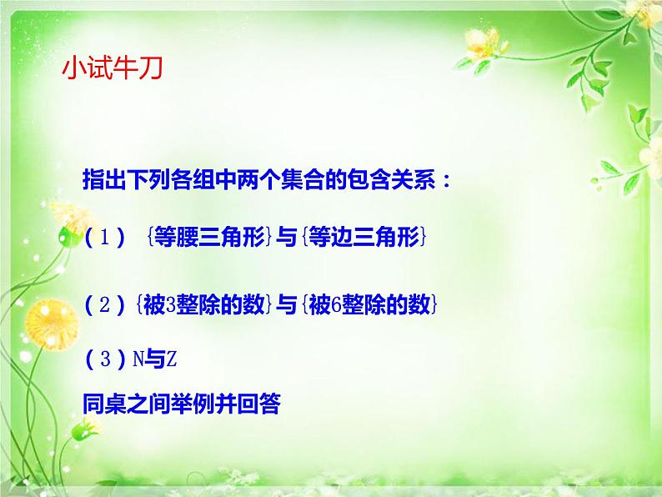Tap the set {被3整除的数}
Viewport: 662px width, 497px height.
[x=203, y=305]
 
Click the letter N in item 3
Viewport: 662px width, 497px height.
[x=138, y=360]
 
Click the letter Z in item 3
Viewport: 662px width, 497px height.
[x=173, y=360]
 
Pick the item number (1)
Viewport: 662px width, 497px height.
[x=105, y=238]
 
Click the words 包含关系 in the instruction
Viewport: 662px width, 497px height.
[x=395, y=179]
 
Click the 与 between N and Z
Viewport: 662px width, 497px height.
[x=156, y=360]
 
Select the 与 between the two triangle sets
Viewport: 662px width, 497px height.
[x=287, y=238]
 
